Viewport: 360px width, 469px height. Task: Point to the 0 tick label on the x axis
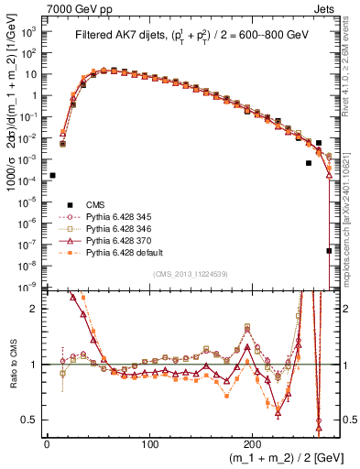click(47, 442)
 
